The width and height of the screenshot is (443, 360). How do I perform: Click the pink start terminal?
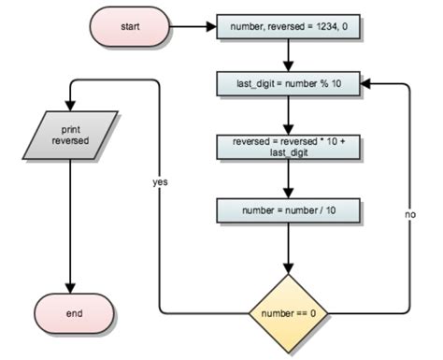pyautogui.click(x=130, y=25)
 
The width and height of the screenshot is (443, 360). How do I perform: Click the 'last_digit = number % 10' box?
pyautogui.click(x=288, y=84)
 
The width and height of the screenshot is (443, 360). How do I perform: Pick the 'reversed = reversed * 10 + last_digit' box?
pyautogui.click(x=288, y=149)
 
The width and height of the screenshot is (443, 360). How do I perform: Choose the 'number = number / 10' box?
pyautogui.click(x=288, y=210)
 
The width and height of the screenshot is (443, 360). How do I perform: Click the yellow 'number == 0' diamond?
pyautogui.click(x=288, y=311)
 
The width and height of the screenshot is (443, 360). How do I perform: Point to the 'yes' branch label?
pyautogui.click(x=160, y=182)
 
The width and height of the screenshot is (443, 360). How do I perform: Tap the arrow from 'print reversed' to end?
pyautogui.click(x=74, y=224)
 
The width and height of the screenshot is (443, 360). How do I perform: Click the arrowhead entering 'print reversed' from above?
pyautogui.click(x=74, y=106)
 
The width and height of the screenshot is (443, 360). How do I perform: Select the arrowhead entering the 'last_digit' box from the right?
pyautogui.click(x=366, y=84)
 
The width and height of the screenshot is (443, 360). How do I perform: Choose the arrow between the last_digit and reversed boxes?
pyautogui.click(x=288, y=114)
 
